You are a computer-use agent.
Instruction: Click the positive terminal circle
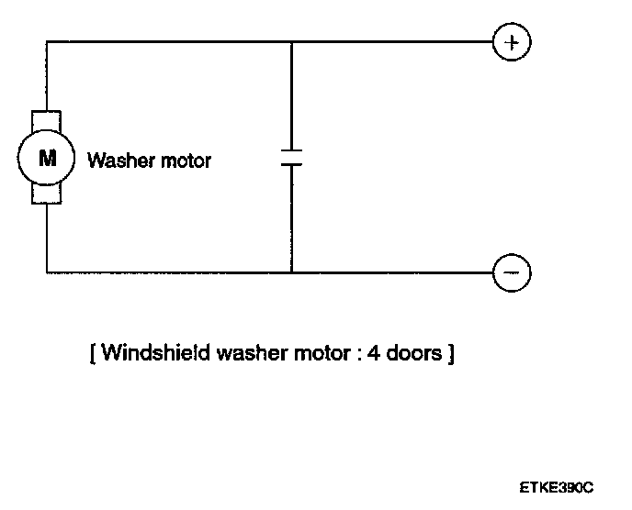click(x=513, y=42)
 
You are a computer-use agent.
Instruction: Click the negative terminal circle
click(x=513, y=272)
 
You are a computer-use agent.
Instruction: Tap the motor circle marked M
click(x=47, y=158)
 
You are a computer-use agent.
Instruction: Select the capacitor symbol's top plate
click(x=291, y=150)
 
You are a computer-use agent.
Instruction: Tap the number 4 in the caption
click(x=373, y=353)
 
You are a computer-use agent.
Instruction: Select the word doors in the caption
click(x=413, y=353)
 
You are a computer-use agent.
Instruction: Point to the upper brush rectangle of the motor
click(x=47, y=122)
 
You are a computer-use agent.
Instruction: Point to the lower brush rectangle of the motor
click(x=47, y=194)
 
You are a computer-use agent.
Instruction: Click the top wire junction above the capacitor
click(x=291, y=42)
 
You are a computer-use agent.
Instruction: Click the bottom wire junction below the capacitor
click(x=291, y=272)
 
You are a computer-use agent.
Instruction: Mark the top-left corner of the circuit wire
click(x=47, y=42)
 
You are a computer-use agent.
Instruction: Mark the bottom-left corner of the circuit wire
click(x=47, y=272)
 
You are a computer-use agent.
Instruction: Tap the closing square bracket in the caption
click(x=450, y=353)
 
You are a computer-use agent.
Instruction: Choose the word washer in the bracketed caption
click(x=242, y=353)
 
